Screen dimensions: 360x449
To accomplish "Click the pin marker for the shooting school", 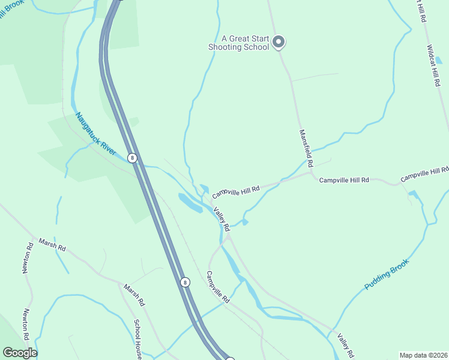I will tap(278, 41).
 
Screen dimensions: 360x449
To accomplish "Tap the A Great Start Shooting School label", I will tap(238, 42).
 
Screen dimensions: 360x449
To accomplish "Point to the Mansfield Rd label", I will tap(306, 148).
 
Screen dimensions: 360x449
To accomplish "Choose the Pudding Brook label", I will tap(387, 274).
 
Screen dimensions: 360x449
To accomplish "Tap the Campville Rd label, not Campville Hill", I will tap(218, 287).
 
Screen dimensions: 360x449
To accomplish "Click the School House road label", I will tap(138, 340).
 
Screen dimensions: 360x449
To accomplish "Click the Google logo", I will tap(20, 353).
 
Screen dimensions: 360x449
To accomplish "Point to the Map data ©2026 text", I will tap(423, 355).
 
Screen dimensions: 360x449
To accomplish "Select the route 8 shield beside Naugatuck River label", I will tap(133, 158).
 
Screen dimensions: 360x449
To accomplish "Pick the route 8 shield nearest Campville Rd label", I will tap(185, 281).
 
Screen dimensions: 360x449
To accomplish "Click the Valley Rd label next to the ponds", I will tap(222, 219).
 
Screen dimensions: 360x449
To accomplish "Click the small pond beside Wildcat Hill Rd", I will tap(438, 61).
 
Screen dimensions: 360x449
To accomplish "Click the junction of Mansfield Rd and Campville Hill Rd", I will tap(310, 174).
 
